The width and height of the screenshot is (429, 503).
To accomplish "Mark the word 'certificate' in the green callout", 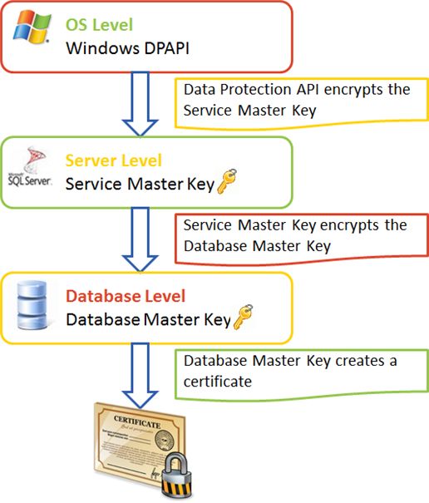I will [217, 381].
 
